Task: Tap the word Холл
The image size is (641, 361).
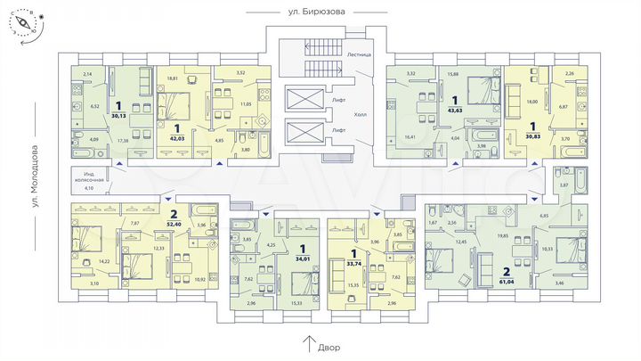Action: pos(360,115)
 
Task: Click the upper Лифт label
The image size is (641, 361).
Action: pos(338,101)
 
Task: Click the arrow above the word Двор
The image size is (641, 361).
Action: pos(308,340)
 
